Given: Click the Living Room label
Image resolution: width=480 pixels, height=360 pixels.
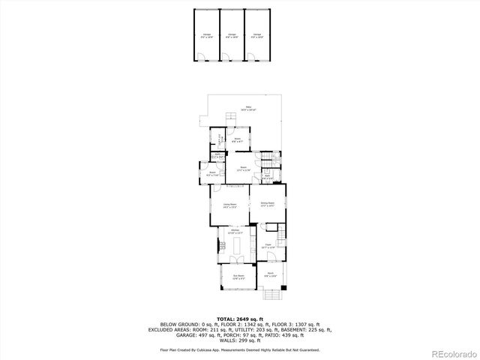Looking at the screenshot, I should pyautogui.click(x=229, y=205).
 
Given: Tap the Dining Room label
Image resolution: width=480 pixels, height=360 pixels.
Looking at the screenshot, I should pyautogui.click(x=268, y=204).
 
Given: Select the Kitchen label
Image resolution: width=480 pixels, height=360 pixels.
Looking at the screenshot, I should pyautogui.click(x=235, y=232).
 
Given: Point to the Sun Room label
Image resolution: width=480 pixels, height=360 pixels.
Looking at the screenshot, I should pyautogui.click(x=239, y=277).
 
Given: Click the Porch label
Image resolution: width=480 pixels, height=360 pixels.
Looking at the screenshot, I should pyautogui.click(x=271, y=274).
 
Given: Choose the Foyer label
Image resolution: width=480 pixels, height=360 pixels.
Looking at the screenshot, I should pyautogui.click(x=268, y=246).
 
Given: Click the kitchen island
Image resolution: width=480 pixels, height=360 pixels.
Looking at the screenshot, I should pyautogui.click(x=238, y=245).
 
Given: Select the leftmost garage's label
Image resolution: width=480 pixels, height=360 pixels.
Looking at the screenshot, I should pyautogui.click(x=206, y=34).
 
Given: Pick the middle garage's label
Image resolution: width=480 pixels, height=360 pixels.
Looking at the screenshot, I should pyautogui.click(x=232, y=34).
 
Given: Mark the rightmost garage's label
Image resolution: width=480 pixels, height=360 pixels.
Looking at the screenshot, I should pyautogui.click(x=257, y=34).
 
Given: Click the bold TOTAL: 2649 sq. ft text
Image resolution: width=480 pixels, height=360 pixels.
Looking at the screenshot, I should pyautogui.click(x=239, y=319).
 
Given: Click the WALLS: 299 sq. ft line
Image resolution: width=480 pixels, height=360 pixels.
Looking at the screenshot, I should pyautogui.click(x=239, y=340).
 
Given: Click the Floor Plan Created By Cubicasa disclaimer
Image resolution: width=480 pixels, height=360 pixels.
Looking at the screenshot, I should pyautogui.click(x=239, y=350).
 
